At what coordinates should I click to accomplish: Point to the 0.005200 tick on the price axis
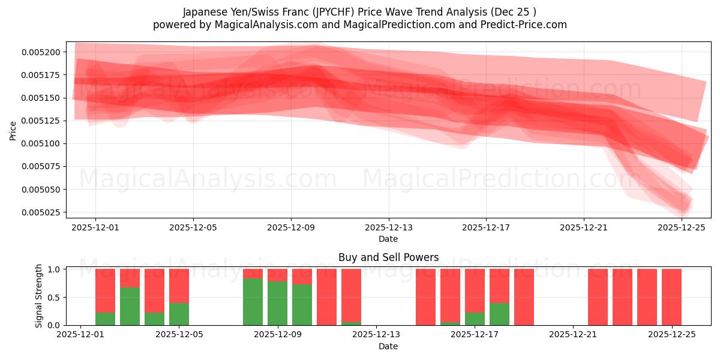point(41,52)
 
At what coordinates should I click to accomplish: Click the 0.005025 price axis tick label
point(41,212)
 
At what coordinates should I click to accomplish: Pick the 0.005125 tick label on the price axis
point(41,121)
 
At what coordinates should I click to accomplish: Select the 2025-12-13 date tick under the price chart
point(388,228)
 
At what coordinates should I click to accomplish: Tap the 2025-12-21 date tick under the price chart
point(584,228)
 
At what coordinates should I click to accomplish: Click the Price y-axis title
point(13,130)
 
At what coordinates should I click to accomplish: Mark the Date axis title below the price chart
point(388,239)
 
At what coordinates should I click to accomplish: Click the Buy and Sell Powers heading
point(388,257)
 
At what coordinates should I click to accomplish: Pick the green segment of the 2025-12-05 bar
point(179,314)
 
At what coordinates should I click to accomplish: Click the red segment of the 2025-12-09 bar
point(278,275)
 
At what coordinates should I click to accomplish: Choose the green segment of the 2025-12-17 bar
point(475,319)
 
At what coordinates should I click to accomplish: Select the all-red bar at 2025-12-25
point(671,297)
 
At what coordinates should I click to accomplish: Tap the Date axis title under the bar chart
point(388,346)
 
